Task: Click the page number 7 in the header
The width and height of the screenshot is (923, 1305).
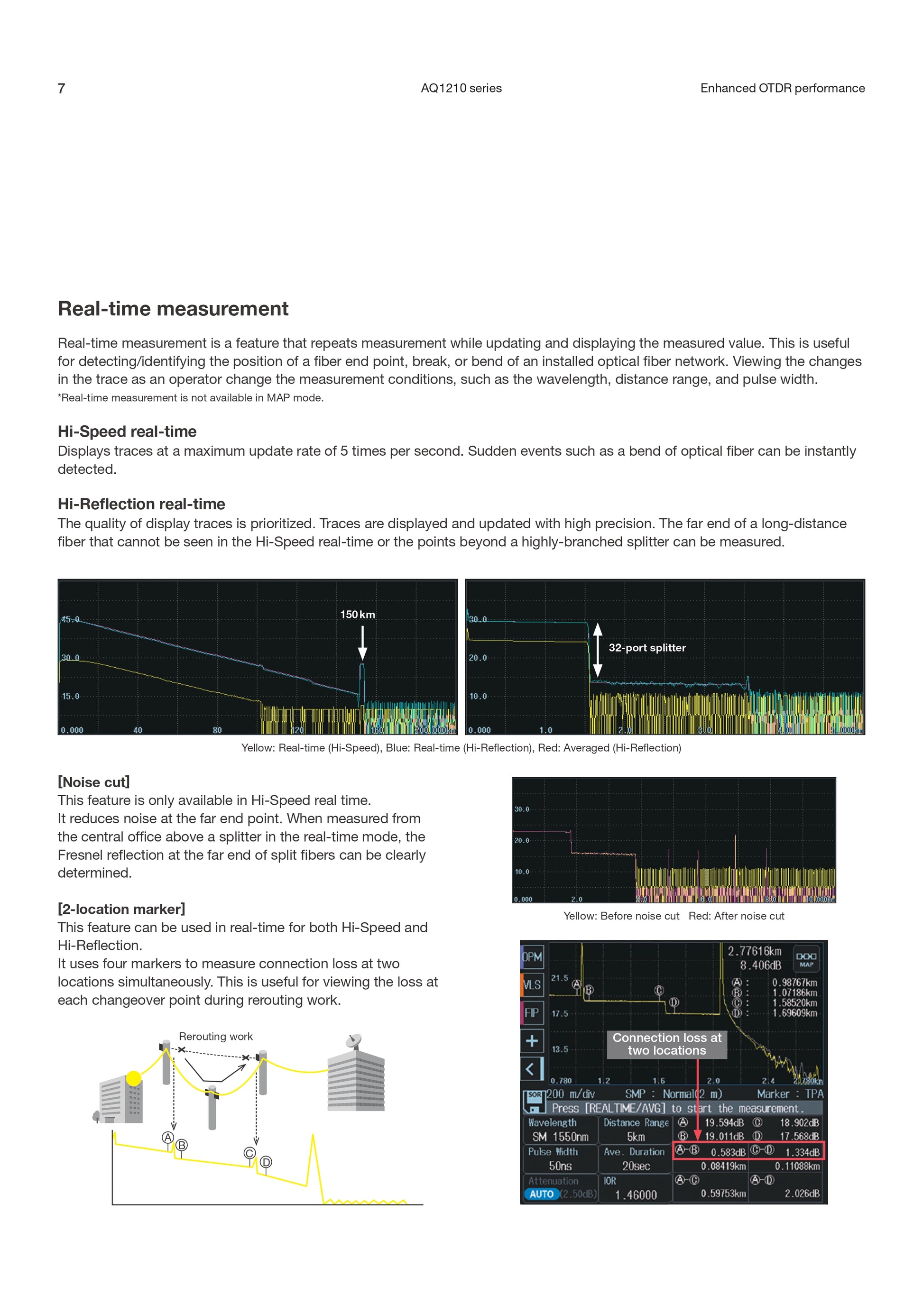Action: click(x=61, y=88)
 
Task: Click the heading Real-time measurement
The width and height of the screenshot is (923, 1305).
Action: click(x=173, y=309)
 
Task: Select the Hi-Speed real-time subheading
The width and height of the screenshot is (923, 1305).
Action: click(x=127, y=432)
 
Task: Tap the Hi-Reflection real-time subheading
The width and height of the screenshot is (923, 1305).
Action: click(x=141, y=504)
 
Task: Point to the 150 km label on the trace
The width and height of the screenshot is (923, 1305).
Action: click(x=358, y=615)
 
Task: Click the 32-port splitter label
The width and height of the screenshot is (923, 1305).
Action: click(x=647, y=647)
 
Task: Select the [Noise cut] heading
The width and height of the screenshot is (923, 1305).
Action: click(x=94, y=782)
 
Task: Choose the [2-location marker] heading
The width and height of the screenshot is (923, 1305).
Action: click(x=121, y=909)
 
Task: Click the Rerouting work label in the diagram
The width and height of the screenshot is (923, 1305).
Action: click(x=215, y=1036)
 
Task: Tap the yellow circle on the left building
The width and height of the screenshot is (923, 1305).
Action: click(x=134, y=1078)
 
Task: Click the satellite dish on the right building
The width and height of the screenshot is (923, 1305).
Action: click(x=353, y=1041)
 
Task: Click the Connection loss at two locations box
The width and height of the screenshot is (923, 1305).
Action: click(x=667, y=1044)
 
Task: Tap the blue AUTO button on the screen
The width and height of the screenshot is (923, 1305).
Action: click(x=541, y=1194)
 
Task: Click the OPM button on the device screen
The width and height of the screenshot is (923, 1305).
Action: click(x=532, y=956)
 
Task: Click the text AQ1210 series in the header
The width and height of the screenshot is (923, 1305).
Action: click(x=461, y=88)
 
